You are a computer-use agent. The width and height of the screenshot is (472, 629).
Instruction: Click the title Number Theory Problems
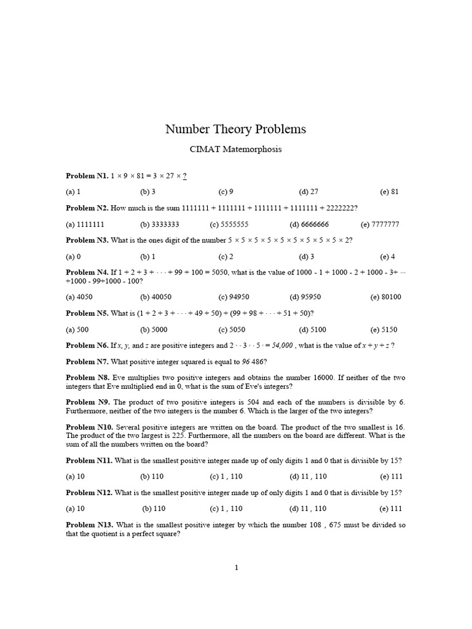coord(235,130)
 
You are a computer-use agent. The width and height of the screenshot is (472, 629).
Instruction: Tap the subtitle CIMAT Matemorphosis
coord(235,150)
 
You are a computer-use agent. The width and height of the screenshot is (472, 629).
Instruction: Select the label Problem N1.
coord(87,176)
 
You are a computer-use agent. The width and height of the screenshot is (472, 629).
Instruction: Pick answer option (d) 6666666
coord(318,224)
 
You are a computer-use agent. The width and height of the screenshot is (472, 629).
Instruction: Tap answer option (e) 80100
coord(385,297)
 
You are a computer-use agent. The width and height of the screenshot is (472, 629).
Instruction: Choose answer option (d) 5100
coord(312,329)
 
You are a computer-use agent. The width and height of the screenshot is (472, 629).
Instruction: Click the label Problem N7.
coord(87,361)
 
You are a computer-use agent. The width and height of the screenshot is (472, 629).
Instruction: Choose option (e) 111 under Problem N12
coord(390,509)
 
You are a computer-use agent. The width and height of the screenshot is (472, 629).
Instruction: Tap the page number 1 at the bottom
coord(236,568)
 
